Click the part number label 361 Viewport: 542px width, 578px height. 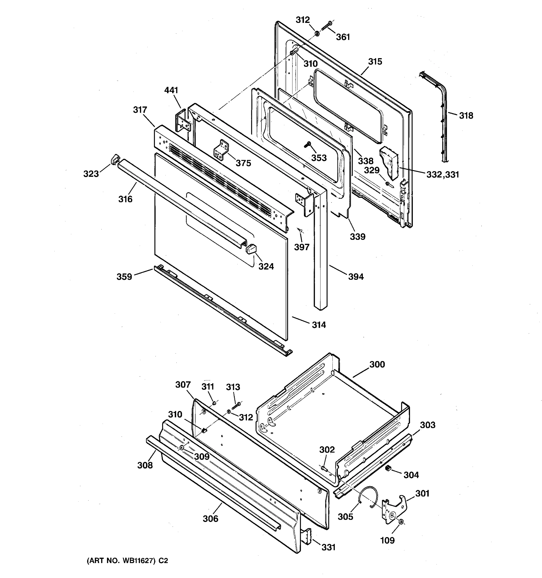click(x=343, y=37)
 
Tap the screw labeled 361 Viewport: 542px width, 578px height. click(x=327, y=26)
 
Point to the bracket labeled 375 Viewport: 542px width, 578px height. click(x=221, y=150)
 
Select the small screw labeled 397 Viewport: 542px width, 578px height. click(x=300, y=230)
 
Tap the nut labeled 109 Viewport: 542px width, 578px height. click(x=401, y=522)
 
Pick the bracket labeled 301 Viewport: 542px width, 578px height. click(x=395, y=508)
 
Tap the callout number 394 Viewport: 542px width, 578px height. click(x=356, y=276)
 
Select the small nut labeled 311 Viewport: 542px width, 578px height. click(x=214, y=403)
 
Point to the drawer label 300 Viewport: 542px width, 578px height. click(x=377, y=364)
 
